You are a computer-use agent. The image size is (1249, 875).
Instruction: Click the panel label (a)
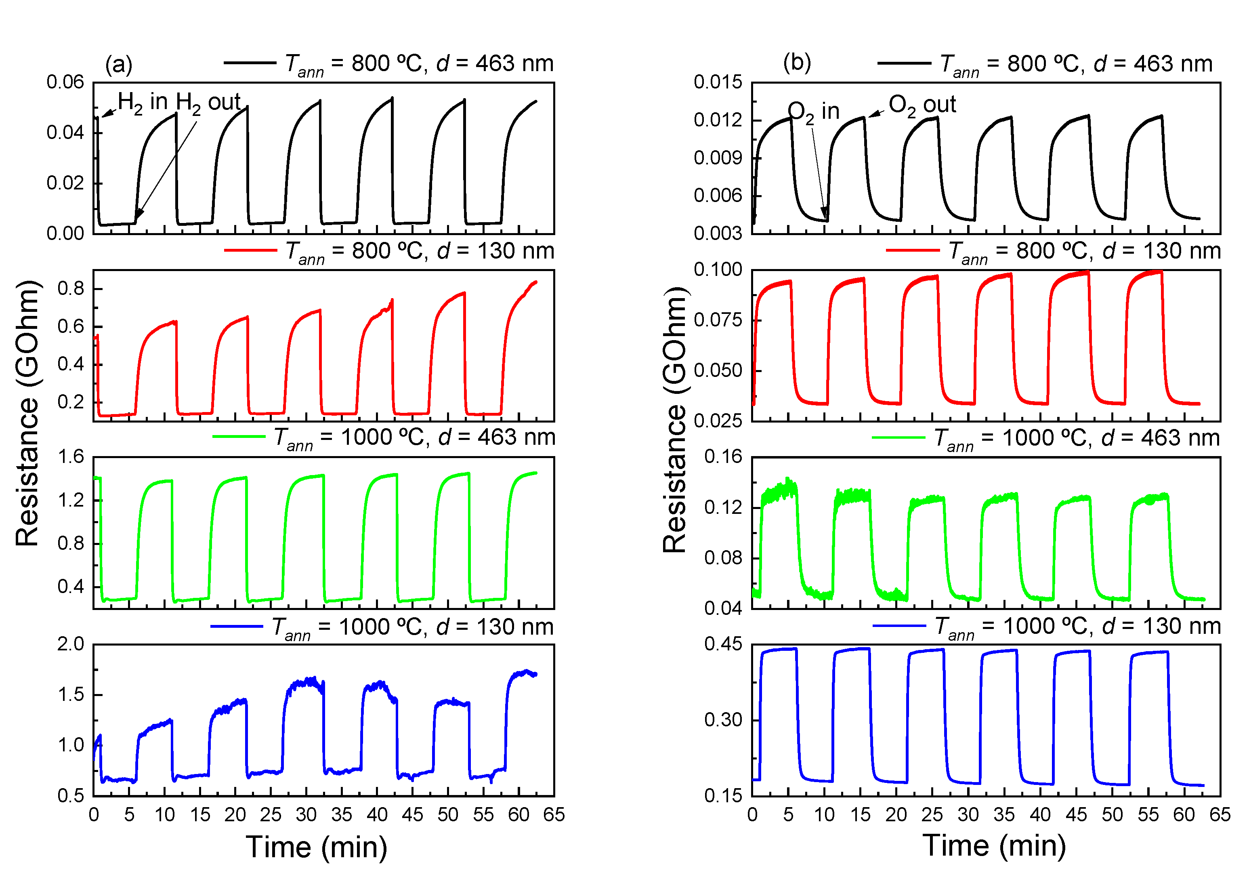(119, 64)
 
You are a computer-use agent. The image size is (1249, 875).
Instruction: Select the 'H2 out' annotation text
(208, 102)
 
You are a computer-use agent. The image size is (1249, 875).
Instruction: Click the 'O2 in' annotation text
(813, 111)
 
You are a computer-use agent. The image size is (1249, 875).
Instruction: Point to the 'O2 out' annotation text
(922, 105)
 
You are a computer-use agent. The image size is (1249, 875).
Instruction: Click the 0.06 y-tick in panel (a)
(65, 82)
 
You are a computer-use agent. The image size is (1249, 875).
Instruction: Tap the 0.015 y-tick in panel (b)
(718, 82)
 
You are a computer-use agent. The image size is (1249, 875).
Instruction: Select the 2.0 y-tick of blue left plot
(71, 644)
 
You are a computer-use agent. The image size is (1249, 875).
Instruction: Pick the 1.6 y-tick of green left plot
(71, 456)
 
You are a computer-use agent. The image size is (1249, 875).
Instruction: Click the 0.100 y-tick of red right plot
(718, 269)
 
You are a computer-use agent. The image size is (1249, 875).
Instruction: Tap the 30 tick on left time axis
(306, 814)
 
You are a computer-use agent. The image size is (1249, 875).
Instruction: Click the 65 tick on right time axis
(1220, 814)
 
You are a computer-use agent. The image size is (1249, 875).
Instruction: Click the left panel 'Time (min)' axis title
(317, 847)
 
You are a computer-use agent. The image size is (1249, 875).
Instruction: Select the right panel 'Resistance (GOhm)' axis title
(675, 419)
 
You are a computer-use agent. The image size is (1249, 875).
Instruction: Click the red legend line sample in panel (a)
(250, 250)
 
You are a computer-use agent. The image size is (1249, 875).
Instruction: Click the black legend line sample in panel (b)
(904, 63)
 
